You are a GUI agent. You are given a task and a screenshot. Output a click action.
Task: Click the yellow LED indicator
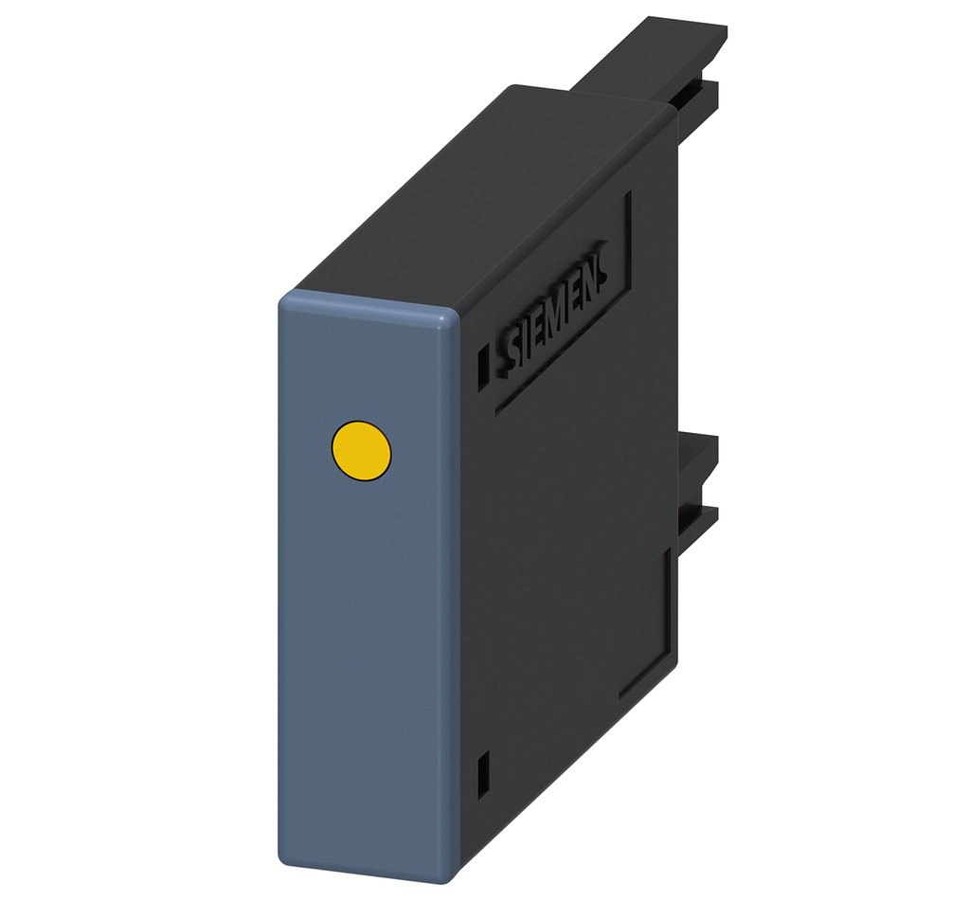361,450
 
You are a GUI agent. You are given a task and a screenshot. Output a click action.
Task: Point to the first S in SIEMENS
512,350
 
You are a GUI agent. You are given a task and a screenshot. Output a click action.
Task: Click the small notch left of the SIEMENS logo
484,364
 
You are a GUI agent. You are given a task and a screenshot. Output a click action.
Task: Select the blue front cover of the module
369,587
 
